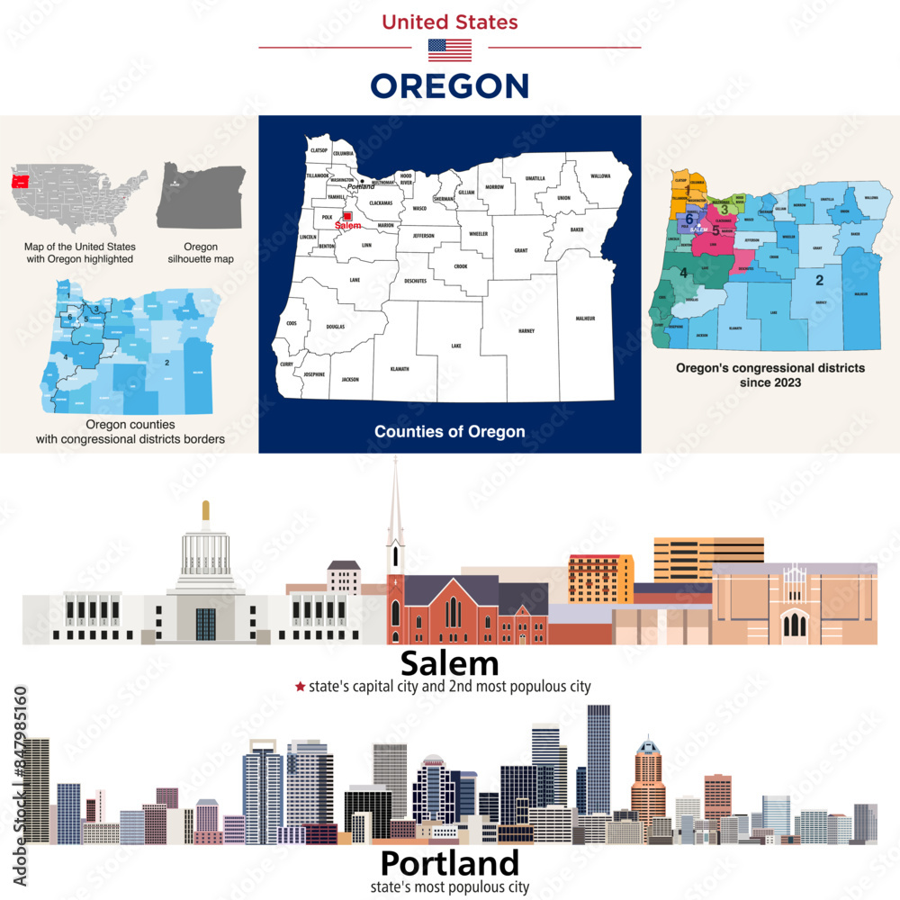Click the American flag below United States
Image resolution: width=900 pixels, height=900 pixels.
(x=449, y=50)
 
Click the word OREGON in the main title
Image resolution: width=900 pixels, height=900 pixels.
(x=449, y=86)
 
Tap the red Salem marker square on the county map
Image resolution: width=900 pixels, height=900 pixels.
(x=346, y=216)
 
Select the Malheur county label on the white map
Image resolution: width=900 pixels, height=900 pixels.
(x=585, y=319)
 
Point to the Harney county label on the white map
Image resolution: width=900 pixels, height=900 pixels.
(x=526, y=331)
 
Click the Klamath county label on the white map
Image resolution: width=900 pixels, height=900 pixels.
(x=400, y=369)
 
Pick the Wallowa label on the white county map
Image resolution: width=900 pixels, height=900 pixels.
(x=600, y=176)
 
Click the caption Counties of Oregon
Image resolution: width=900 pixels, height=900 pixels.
(x=449, y=432)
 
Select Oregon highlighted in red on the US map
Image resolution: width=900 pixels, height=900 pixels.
(x=17, y=181)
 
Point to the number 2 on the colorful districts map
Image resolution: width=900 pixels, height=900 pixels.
(x=819, y=280)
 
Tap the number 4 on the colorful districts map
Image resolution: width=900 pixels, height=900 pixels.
(x=684, y=273)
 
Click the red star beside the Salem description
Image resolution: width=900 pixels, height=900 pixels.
(x=300, y=687)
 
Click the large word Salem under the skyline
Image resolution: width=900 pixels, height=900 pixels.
(x=449, y=663)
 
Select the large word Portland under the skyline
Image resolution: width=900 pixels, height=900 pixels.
(x=449, y=863)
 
